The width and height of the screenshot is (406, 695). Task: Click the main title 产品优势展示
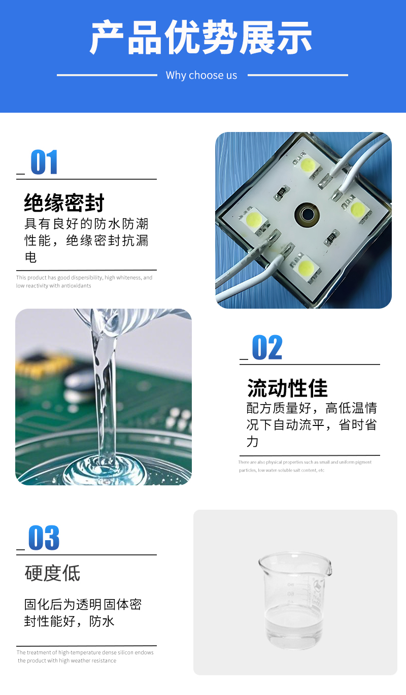pos(201,37)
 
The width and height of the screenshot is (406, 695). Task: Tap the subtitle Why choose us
pos(201,76)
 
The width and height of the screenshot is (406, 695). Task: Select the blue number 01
pos(44,161)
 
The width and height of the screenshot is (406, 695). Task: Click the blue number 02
pos(267,347)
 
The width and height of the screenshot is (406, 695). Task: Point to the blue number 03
pos(44,538)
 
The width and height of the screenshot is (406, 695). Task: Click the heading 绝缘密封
pos(64,203)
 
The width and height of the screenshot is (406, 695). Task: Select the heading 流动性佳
pos(288,388)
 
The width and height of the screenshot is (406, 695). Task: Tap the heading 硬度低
pos(52,573)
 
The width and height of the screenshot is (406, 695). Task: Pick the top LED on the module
pos(308,163)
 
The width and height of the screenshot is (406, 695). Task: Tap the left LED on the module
pos(254,219)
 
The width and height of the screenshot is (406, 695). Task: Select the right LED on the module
pos(357,208)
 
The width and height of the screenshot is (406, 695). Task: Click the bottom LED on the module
pos(306,267)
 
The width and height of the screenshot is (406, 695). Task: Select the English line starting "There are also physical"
pos(304,462)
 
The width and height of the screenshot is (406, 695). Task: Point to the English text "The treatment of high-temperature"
pos(85,652)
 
